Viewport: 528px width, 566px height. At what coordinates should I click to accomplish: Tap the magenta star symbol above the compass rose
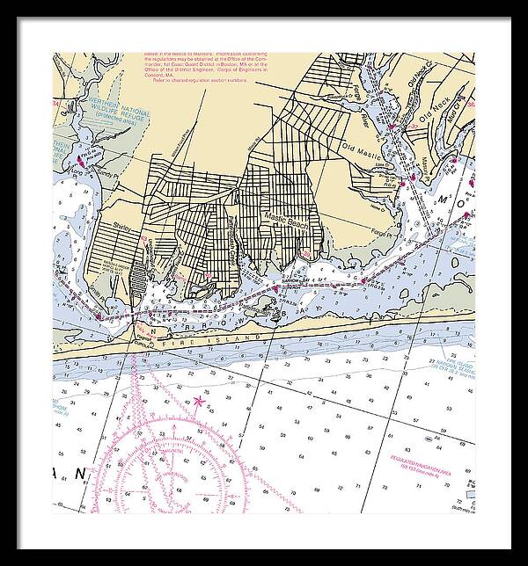(199, 402)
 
